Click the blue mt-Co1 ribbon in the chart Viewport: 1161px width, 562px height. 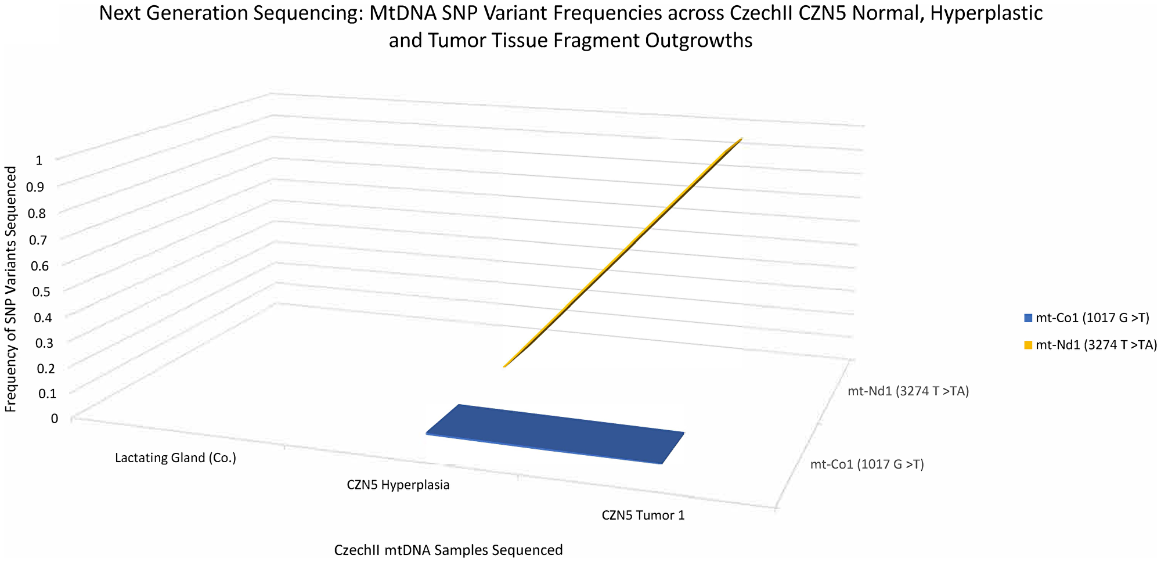click(x=554, y=433)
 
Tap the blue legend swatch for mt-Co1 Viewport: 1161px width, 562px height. click(x=1028, y=318)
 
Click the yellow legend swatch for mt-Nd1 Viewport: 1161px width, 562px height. click(x=1028, y=345)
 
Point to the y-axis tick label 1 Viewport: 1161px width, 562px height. click(x=39, y=161)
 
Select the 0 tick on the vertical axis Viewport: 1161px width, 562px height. click(x=55, y=419)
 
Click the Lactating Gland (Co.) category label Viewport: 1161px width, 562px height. click(x=175, y=458)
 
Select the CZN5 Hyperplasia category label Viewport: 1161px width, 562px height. click(x=398, y=485)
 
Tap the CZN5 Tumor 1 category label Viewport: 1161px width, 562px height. click(x=643, y=516)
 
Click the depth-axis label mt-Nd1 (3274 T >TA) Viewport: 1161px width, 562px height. click(x=908, y=392)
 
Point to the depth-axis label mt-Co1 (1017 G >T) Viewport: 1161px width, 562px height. click(x=867, y=464)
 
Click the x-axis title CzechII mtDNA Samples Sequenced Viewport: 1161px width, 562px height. click(x=448, y=550)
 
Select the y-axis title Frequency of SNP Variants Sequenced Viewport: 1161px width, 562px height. click(x=10, y=289)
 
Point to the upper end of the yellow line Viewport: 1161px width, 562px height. click(x=741, y=139)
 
